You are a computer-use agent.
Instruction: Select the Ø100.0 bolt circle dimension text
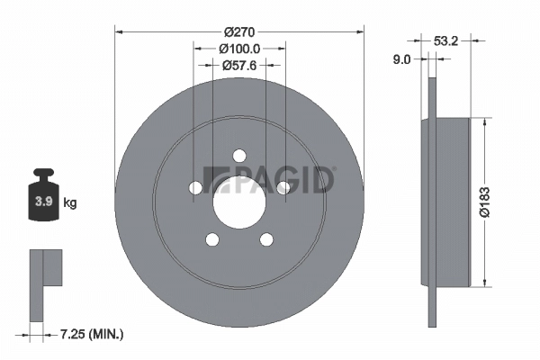(239, 48)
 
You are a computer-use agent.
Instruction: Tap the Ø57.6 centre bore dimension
(239, 65)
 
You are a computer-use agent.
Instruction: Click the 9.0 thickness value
(402, 59)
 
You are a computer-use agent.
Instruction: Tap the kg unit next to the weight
(70, 203)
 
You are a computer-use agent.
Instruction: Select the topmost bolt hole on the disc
(239, 156)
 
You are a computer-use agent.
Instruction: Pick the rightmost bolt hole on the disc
(283, 187)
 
